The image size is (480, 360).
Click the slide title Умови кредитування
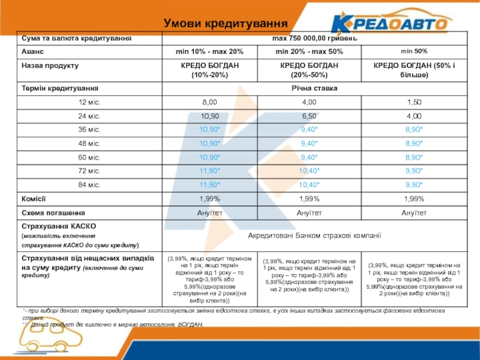coord(226,23)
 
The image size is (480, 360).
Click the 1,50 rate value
coord(414,102)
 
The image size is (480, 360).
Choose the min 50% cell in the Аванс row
coord(414,52)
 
